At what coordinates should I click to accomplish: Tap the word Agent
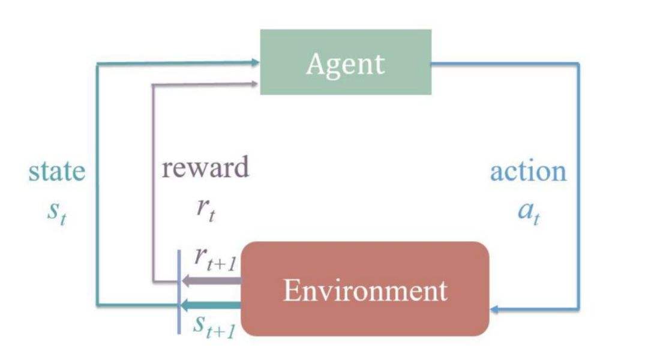pyautogui.click(x=345, y=64)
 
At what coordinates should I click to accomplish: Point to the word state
pyautogui.click(x=57, y=172)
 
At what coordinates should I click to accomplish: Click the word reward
pyautogui.click(x=205, y=167)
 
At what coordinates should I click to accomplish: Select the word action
pyautogui.click(x=528, y=172)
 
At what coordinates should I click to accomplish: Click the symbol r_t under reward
pyautogui.click(x=205, y=211)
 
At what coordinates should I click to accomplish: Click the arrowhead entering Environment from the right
pyautogui.click(x=494, y=310)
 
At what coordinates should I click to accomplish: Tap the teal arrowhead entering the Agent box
pyautogui.click(x=255, y=61)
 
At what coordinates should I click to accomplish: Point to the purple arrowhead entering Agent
pyautogui.click(x=255, y=84)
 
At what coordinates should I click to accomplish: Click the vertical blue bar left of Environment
pyautogui.click(x=179, y=290)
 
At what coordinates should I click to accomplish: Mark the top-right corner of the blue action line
pyautogui.click(x=579, y=63)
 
